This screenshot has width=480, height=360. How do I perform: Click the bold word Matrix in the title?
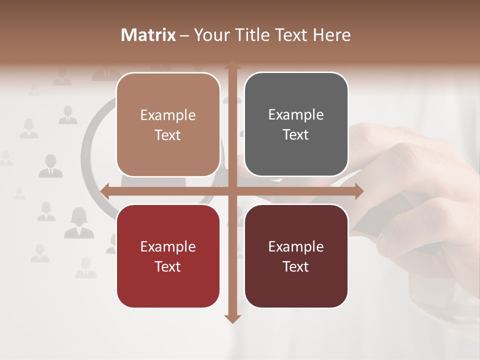point(148,35)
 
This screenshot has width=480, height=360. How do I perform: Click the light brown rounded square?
point(168,124)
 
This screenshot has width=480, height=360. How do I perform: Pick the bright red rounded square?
point(168,256)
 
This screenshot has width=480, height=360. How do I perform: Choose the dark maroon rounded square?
point(296,256)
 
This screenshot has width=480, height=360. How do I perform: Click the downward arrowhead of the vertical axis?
point(232,318)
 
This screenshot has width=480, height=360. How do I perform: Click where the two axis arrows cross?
point(232,191)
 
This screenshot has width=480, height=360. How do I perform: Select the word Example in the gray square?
point(296,114)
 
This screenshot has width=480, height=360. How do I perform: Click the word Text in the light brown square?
point(168,135)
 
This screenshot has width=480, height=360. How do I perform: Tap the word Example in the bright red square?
point(168,246)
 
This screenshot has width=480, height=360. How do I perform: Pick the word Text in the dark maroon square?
point(296,266)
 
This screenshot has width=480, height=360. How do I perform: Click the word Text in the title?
point(291,35)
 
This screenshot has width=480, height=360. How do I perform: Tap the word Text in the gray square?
point(296,134)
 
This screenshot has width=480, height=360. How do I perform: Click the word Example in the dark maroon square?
point(296,246)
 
